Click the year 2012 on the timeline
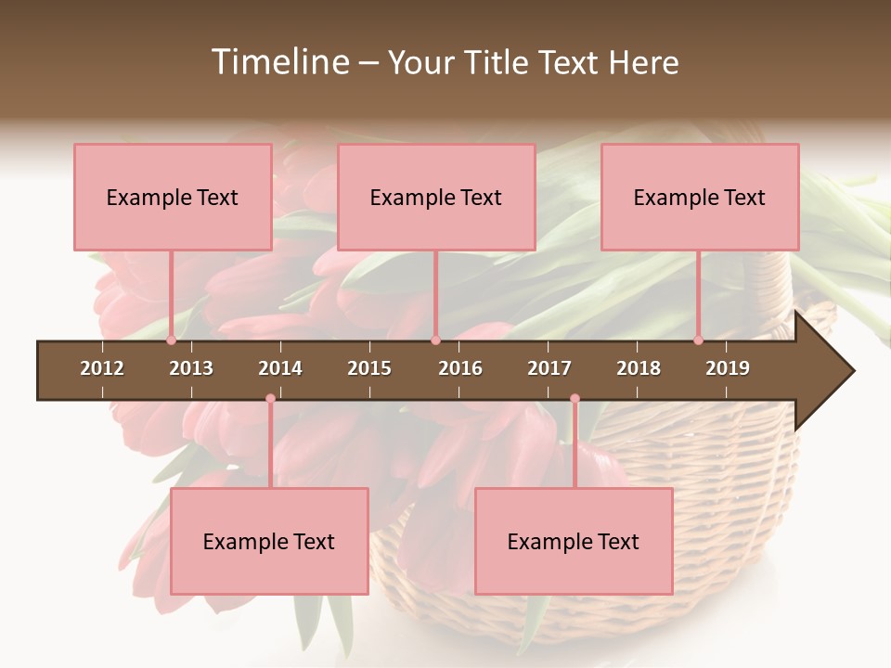102,368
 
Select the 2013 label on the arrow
191,368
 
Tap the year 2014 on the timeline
280,368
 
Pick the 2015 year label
369,368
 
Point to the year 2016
460,368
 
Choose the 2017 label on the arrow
549,368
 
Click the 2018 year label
639,368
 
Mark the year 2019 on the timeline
728,368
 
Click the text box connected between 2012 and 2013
173,197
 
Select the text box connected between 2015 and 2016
436,197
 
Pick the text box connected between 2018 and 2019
700,197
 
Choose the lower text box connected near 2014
269,541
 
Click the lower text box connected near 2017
574,541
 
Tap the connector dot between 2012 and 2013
172,340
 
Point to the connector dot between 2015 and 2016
435,340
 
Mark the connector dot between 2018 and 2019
699,340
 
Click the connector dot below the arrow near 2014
270,399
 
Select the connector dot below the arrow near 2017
575,399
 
